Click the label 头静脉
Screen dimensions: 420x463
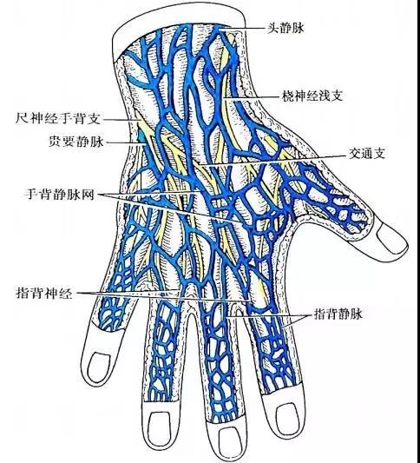(285, 28)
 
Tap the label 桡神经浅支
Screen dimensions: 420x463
(312, 96)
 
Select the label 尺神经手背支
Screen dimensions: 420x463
(58, 118)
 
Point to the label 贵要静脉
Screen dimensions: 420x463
(76, 141)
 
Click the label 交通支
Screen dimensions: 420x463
(367, 153)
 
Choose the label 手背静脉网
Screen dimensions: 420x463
(59, 195)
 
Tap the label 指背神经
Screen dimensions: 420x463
(44, 294)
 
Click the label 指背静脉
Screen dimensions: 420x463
(338, 314)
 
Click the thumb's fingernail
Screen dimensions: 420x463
(391, 238)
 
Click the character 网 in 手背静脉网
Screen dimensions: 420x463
(88, 195)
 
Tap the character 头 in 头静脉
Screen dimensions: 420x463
(273, 28)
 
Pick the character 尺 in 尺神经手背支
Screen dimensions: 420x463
(22, 118)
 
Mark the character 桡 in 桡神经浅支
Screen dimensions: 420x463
(288, 96)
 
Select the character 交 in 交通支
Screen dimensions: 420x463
(355, 153)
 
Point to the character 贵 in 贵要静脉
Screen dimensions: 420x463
(55, 141)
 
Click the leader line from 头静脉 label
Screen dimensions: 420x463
(242, 29)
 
